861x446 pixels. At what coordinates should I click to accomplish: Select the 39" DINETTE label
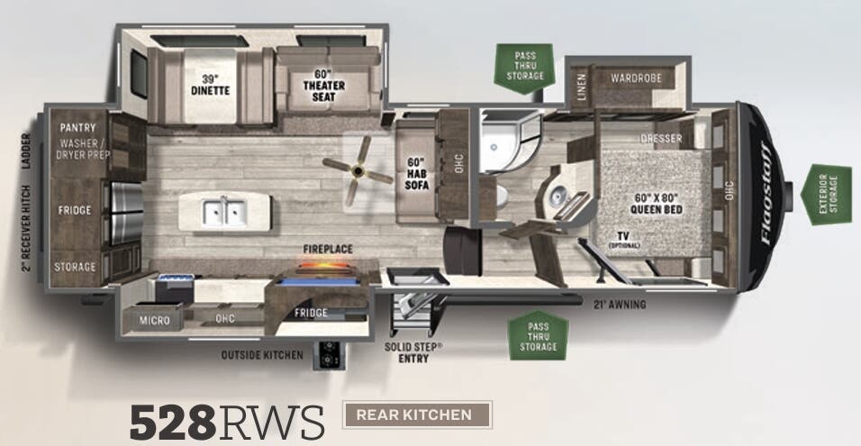click(x=210, y=85)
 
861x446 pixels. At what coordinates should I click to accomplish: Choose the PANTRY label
click(x=77, y=128)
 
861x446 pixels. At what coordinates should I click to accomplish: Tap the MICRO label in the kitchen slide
click(x=153, y=319)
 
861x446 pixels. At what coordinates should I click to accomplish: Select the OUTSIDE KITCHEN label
click(x=262, y=355)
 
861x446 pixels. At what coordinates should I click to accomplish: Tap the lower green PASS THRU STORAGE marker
click(x=538, y=336)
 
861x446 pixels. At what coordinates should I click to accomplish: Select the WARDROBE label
click(x=636, y=78)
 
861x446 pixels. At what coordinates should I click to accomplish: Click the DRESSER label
click(x=660, y=139)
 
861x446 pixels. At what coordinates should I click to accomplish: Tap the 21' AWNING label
click(x=620, y=305)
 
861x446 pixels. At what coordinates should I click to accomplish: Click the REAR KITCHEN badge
click(x=418, y=414)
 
